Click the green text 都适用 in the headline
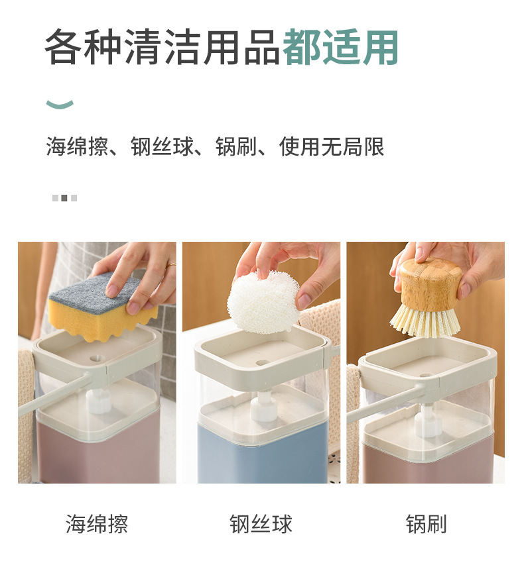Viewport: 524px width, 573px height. coord(341,48)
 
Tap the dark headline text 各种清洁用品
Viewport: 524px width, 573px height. coord(163,48)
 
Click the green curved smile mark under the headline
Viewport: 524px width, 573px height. coord(60,104)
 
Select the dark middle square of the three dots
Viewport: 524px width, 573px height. coord(64,198)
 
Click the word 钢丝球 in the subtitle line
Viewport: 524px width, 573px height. coord(162,146)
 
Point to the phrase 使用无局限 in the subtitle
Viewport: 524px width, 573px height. coord(332,146)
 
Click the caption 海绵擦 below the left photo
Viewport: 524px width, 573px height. coord(97,524)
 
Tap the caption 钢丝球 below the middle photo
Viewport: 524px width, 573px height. coord(261,524)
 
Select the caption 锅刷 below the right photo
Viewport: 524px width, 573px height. coord(426,524)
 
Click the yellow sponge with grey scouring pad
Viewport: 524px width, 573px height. coord(102,307)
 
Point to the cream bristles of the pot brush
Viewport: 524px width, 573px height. coord(425,322)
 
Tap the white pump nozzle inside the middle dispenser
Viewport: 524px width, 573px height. coord(263,405)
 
